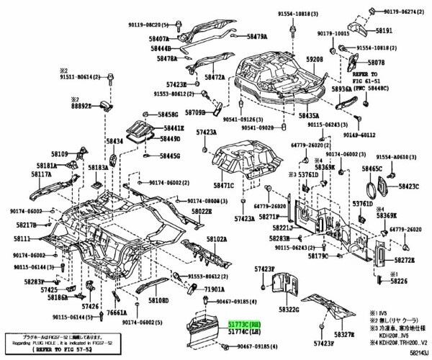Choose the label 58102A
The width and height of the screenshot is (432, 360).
tap(217, 238)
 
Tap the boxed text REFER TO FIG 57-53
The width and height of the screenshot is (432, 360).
tap(35, 351)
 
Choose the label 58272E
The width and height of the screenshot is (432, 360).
tap(404, 259)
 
